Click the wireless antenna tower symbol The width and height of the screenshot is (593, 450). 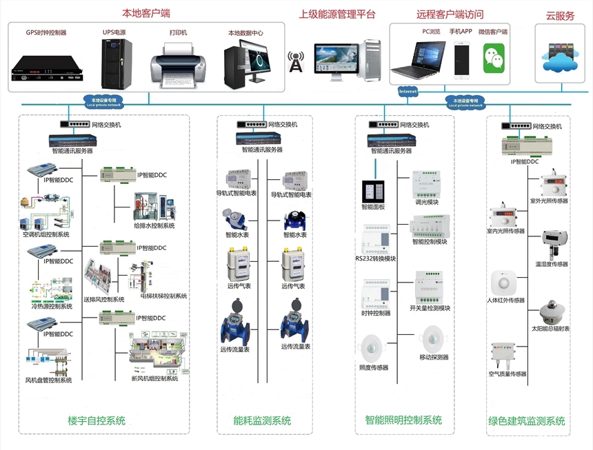pos(296,61)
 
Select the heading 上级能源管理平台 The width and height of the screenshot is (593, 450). pos(337,14)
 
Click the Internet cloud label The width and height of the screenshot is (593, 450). pos(408,90)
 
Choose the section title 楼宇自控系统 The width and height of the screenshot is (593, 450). pos(97,420)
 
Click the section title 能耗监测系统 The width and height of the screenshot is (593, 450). pos(262,420)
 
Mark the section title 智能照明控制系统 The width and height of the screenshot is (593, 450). pos(403,420)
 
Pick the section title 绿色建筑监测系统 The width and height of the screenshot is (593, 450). pos(527,420)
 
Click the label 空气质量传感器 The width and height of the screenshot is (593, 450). pos(507,374)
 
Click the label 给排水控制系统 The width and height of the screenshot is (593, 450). pos(154,225)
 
